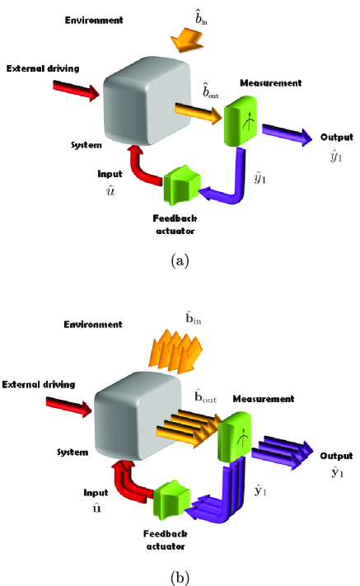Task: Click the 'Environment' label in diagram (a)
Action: (x=94, y=18)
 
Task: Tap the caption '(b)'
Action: (x=180, y=577)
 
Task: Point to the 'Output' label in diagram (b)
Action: (x=336, y=456)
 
